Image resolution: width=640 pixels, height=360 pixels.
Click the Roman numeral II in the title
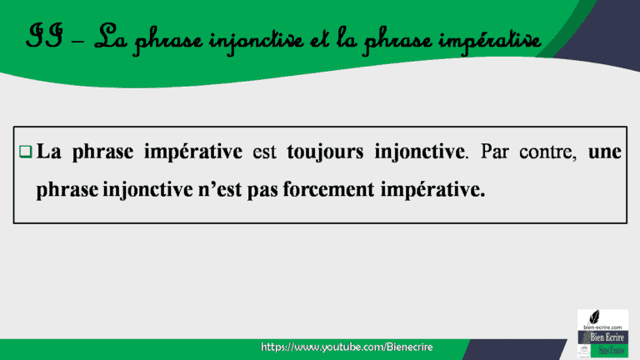[x=42, y=37]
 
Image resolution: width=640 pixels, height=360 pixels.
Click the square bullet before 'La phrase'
[x=25, y=152]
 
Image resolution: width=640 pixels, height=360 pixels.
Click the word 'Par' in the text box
[x=498, y=152]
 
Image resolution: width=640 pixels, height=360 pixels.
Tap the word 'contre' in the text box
[x=549, y=152]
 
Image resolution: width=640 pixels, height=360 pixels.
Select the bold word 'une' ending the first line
[x=606, y=152]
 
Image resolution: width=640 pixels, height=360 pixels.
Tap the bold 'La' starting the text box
[x=49, y=152]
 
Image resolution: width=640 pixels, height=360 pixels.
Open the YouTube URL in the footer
[x=347, y=346]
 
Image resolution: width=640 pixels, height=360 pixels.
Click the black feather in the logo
[x=593, y=317]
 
